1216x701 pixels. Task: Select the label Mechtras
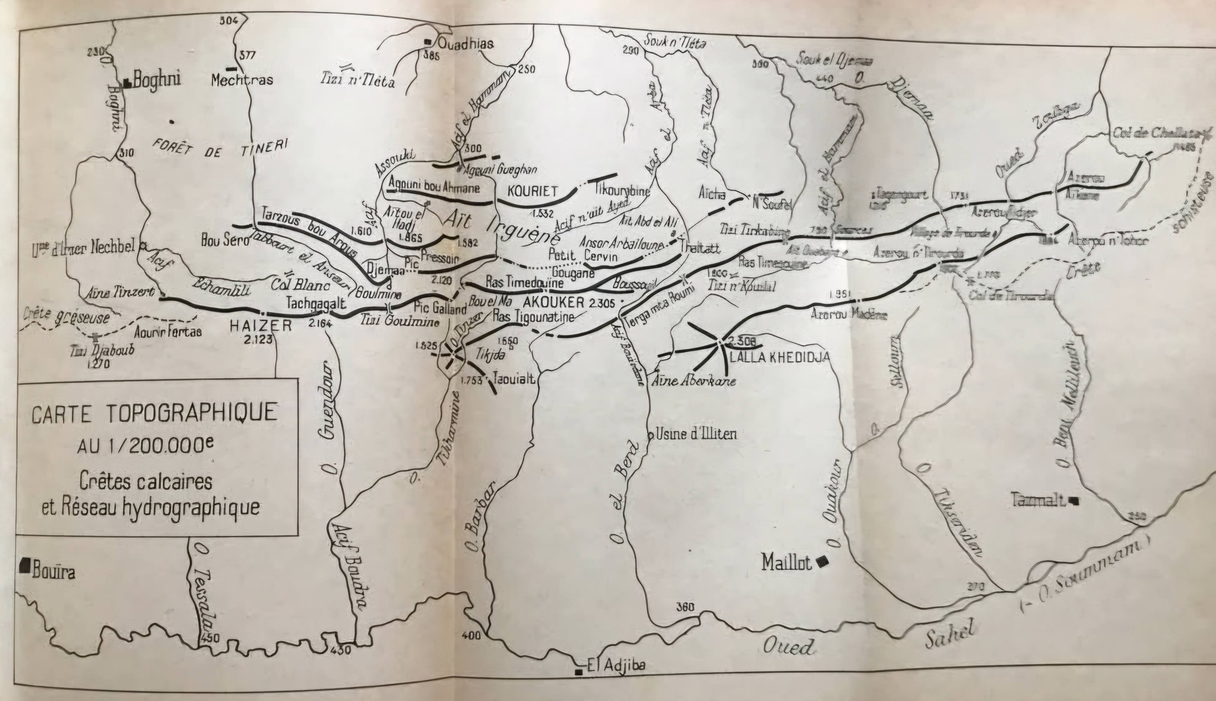242,80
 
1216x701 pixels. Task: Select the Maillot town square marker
822,561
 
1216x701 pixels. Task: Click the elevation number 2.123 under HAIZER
256,340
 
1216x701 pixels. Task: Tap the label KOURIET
532,191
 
